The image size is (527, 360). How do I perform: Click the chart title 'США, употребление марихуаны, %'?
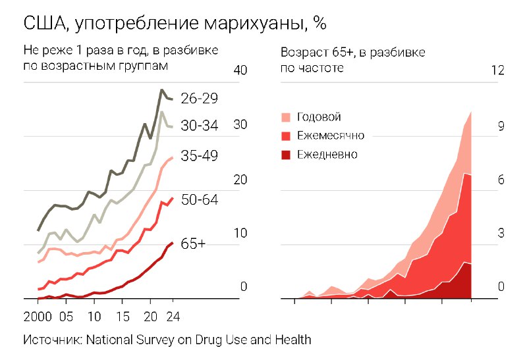(175, 23)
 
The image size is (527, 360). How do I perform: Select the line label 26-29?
(199, 99)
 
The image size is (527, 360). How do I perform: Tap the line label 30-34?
(199, 126)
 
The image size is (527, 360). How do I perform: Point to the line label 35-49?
(199, 156)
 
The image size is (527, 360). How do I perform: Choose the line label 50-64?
(199, 200)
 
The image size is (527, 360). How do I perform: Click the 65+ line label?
(193, 244)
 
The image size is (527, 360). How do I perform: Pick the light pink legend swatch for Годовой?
(286, 117)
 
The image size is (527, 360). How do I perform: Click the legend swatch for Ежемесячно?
(286, 136)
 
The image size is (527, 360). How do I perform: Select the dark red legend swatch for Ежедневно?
(286, 155)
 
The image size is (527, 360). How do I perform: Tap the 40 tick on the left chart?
(240, 70)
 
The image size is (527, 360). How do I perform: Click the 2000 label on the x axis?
(38, 315)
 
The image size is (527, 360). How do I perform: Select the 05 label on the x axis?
(66, 315)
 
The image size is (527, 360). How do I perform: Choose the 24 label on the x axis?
(172, 315)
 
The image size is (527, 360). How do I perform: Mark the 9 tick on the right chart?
(501, 126)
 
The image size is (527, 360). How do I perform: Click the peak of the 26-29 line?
(161, 90)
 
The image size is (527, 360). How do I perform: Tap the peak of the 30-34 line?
(162, 113)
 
